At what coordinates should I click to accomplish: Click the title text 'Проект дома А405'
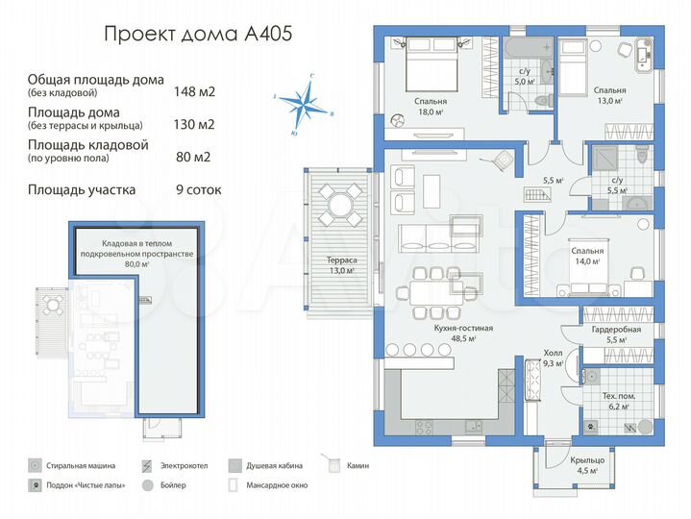point(198,35)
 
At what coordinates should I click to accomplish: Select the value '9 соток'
point(198,189)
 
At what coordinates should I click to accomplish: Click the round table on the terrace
point(336,204)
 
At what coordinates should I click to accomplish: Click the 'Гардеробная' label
point(617,330)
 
